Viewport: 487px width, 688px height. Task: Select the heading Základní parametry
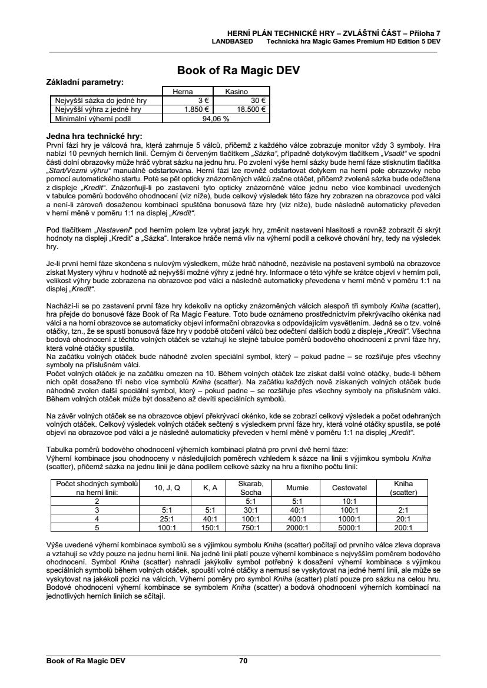point(85,82)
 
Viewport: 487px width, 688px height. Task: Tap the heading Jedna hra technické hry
point(94,136)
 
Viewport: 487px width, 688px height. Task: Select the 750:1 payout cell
point(251,528)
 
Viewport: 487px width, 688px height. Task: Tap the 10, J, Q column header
point(167,488)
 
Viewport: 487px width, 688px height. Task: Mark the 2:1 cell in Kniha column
point(403,510)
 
